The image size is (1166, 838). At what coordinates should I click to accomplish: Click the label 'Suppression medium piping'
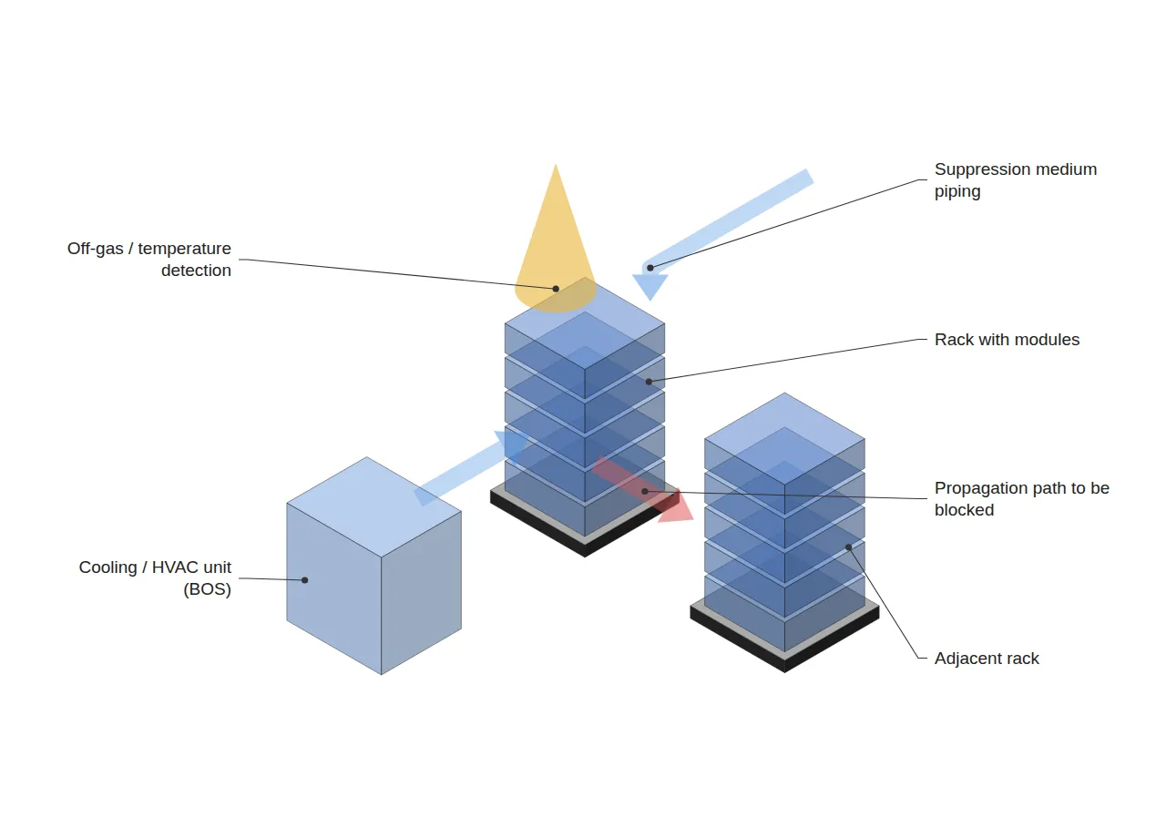[1015, 180]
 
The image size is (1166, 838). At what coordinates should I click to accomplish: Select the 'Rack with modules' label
[1007, 340]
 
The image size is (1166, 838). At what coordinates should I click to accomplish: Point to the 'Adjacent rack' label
[987, 658]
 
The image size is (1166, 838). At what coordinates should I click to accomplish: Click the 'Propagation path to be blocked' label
[1021, 498]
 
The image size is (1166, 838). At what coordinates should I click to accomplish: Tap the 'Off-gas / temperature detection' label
[149, 260]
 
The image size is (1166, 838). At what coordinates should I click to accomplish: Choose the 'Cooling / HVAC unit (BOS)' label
[155, 577]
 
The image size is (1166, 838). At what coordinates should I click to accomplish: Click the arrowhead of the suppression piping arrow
[649, 286]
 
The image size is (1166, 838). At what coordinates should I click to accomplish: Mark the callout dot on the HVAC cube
[304, 580]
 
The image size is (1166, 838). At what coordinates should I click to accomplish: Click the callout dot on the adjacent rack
[848, 547]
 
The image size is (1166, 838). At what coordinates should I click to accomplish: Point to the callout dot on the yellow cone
[556, 289]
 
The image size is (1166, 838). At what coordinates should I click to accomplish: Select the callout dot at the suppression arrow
[650, 268]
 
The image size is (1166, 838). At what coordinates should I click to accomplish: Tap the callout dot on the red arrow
[644, 491]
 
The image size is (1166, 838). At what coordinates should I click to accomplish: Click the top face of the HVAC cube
[373, 507]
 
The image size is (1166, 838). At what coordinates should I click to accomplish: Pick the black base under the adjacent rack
[784, 641]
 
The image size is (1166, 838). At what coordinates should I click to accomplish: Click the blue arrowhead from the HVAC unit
[511, 446]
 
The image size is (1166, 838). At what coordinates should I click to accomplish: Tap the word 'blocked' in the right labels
[964, 510]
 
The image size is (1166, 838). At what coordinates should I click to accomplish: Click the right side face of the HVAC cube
[421, 593]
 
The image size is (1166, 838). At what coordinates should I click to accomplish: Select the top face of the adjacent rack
[784, 439]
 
